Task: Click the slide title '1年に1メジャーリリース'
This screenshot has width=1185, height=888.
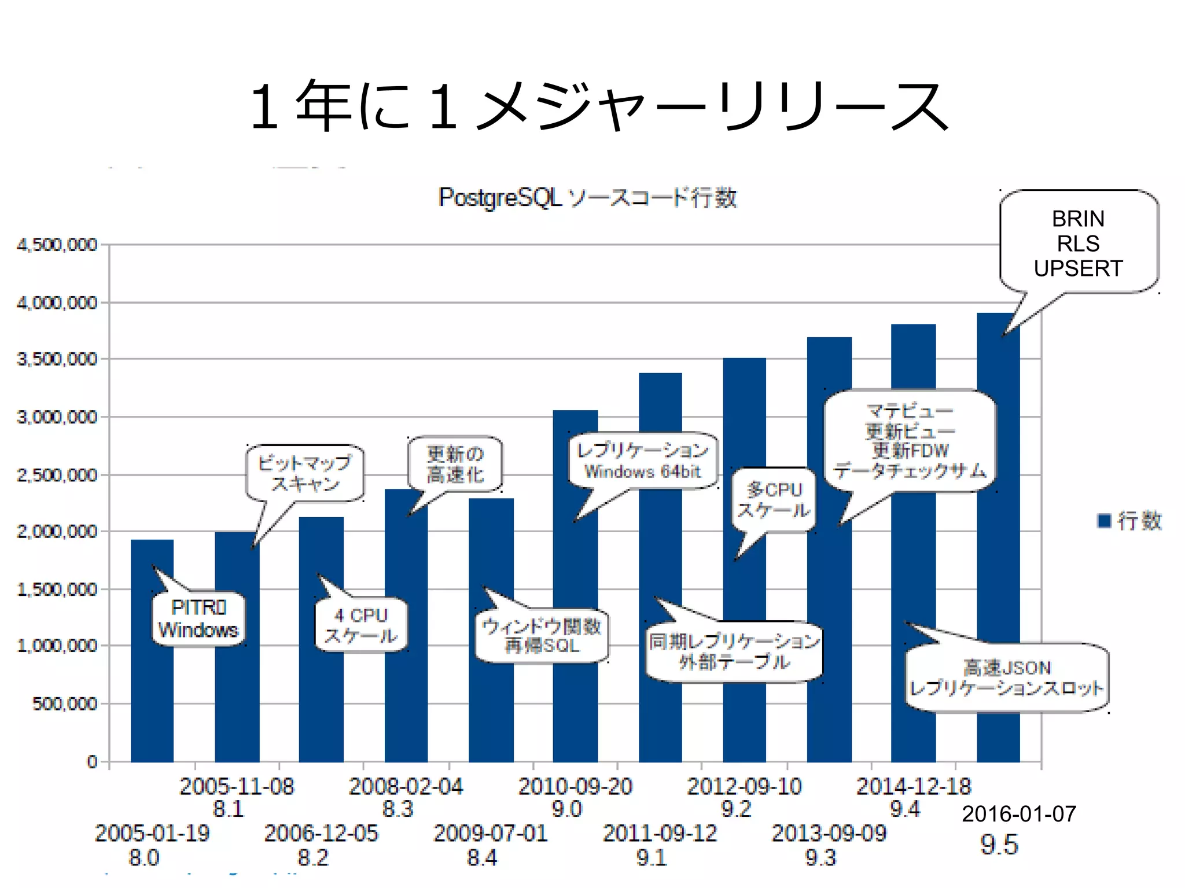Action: [599, 106]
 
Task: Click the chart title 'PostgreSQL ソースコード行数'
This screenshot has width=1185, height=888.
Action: [587, 198]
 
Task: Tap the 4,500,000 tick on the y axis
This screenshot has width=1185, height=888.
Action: [57, 245]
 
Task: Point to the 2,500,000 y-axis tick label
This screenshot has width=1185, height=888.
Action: [57, 475]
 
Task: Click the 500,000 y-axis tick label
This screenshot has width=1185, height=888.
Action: [65, 703]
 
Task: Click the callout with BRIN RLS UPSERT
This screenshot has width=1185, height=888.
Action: [1078, 244]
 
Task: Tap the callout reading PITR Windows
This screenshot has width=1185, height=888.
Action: [198, 618]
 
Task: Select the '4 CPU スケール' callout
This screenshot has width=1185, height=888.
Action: [361, 625]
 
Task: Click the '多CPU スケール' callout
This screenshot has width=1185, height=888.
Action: [774, 500]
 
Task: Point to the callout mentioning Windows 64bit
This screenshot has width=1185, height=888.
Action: [643, 460]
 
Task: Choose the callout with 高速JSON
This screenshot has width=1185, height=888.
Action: [1007, 677]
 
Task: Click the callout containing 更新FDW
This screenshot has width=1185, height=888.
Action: [910, 441]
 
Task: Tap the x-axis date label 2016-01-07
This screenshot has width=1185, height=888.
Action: [1019, 814]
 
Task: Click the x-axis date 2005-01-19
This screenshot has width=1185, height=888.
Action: [152, 833]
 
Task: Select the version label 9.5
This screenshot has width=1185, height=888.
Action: [999, 845]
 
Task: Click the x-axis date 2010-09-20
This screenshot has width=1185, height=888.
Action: [575, 786]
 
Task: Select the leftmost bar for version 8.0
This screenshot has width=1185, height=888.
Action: [152, 694]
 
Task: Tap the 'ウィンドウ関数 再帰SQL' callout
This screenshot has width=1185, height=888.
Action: [542, 636]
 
